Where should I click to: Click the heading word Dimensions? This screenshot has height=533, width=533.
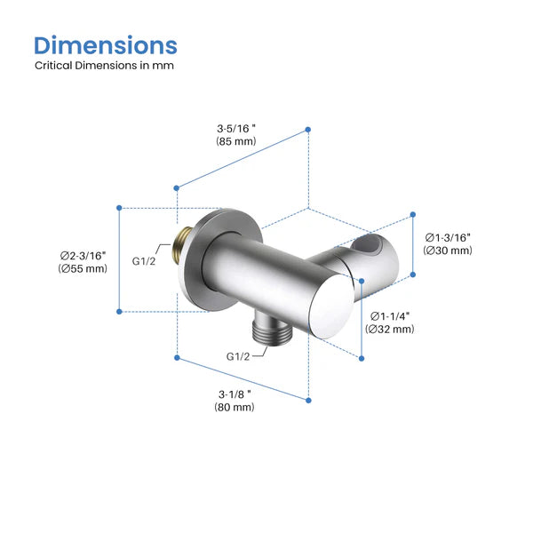click(x=106, y=45)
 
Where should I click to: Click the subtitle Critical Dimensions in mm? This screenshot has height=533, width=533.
click(x=105, y=66)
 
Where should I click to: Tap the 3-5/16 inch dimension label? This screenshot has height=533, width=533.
click(x=235, y=126)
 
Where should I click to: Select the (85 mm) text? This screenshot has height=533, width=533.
click(x=235, y=141)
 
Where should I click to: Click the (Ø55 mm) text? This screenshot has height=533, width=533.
click(x=83, y=268)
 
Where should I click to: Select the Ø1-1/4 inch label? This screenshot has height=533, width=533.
click(x=389, y=315)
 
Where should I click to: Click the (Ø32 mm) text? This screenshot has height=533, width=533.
click(x=389, y=330)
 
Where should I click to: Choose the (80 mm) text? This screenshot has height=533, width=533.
click(x=234, y=407)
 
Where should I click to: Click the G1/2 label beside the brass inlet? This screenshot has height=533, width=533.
click(x=144, y=261)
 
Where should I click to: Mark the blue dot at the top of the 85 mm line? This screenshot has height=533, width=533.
click(x=308, y=130)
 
